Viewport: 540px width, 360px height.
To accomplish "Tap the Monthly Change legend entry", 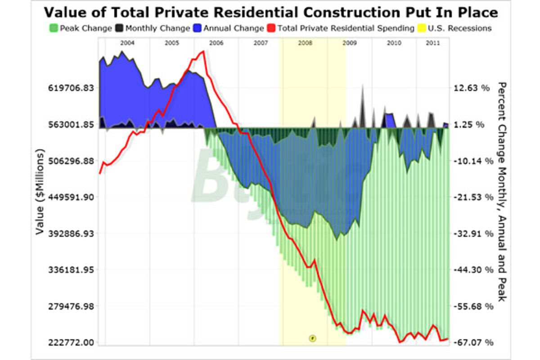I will coord(153,28).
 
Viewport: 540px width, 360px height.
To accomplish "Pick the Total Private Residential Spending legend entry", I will coord(341,28).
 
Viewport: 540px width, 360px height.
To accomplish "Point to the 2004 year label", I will coord(127,43).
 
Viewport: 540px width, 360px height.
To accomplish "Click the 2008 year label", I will coord(305,43).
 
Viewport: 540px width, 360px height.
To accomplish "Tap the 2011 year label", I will coord(432,43).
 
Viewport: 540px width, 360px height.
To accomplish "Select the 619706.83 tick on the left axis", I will coord(71,88).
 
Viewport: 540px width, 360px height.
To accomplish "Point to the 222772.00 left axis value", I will coord(71,342).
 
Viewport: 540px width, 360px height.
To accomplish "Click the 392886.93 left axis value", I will coord(71,234).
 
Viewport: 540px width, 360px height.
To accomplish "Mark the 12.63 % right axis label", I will coord(472,88).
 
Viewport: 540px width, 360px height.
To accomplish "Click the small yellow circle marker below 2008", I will coord(312,337).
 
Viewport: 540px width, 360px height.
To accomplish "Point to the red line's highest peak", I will coord(203,51).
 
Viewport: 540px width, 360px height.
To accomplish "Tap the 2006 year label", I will coord(216,43).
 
